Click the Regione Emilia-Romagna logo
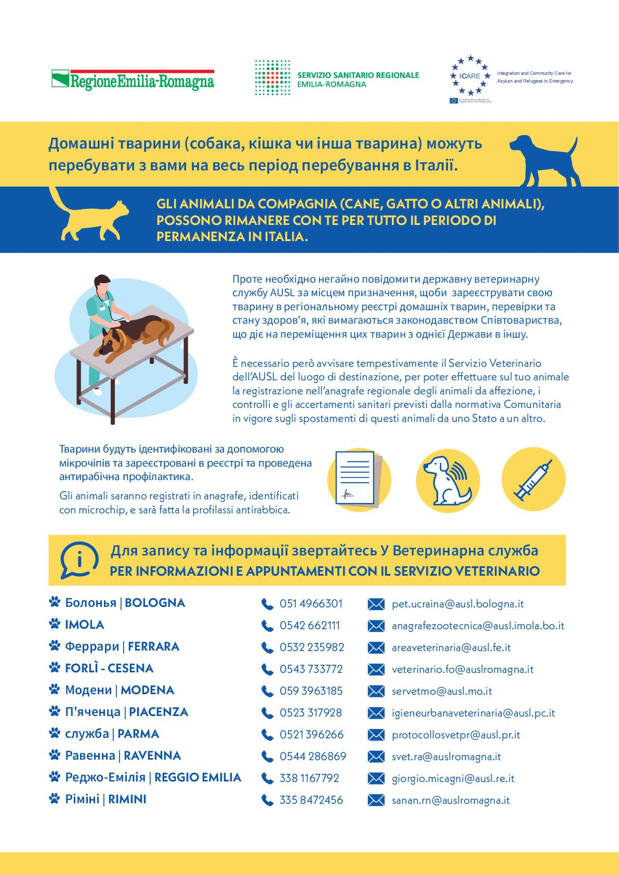(133, 79)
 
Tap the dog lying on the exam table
(137, 335)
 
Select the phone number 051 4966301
(311, 604)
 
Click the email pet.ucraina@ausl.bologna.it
(457, 604)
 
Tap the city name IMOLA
(84, 625)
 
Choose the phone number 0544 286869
(312, 756)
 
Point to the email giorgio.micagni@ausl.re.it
(453, 778)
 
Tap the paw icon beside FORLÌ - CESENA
(54, 668)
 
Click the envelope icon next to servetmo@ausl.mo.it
(376, 692)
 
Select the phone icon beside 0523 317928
(267, 713)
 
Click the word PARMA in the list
(138, 734)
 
